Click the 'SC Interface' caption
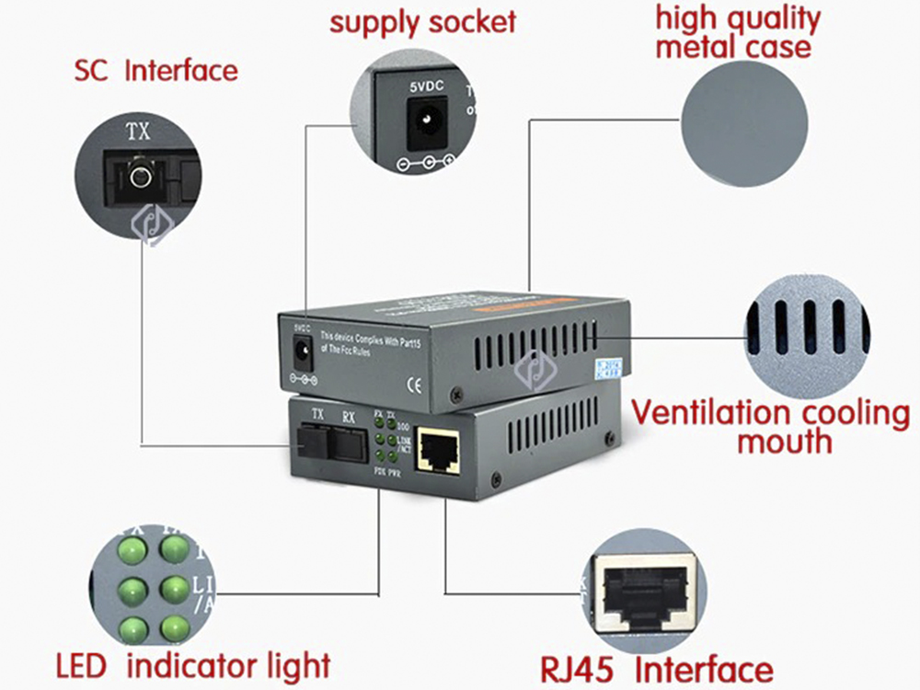[x=155, y=70]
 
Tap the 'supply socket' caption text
[x=423, y=21]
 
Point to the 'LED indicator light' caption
[x=192, y=664]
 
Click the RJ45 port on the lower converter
[x=438, y=452]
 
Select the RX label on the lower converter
[x=348, y=416]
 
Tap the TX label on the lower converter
[x=318, y=414]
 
